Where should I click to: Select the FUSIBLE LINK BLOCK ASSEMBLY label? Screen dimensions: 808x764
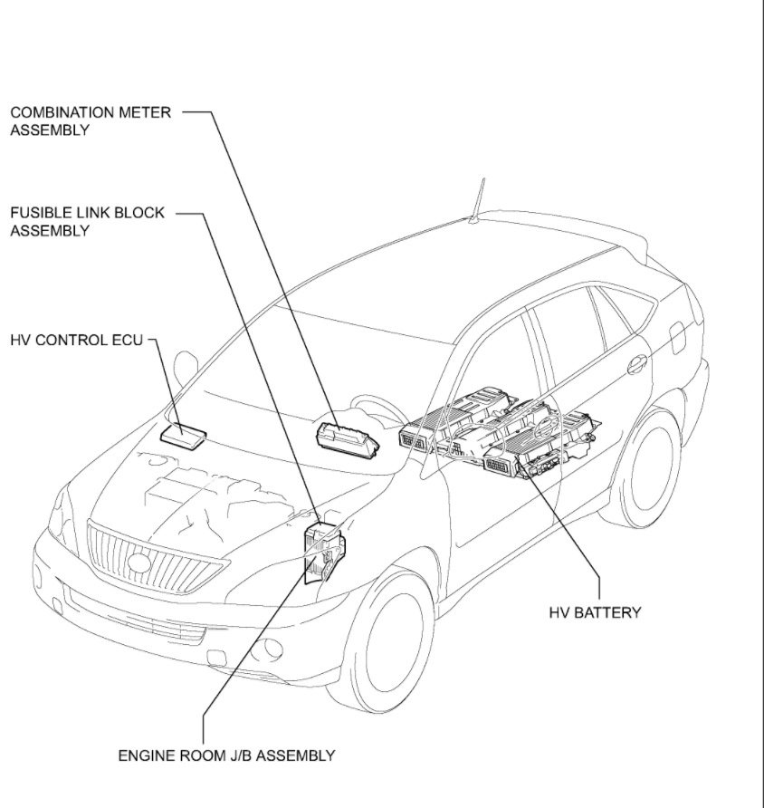tap(87, 221)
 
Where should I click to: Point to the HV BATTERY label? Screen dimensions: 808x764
tap(595, 612)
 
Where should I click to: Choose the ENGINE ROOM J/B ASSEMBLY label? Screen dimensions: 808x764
tap(226, 755)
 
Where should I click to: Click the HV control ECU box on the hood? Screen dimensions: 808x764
tap(188, 435)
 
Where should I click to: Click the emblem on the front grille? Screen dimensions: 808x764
tap(139, 563)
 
